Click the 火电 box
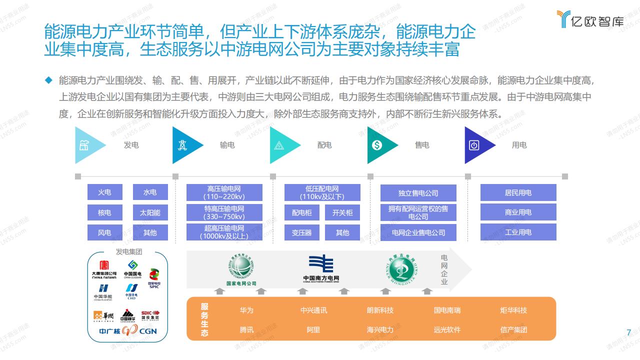[x=104, y=192]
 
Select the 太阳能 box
[x=150, y=212]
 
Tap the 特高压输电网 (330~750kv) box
[x=224, y=212]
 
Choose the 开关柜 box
[x=342, y=212]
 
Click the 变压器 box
[x=301, y=232]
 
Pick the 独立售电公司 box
[x=418, y=193]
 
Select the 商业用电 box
[x=518, y=212]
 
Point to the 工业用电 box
[x=518, y=232]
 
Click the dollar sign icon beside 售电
[x=377, y=145]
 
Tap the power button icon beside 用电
[x=474, y=145]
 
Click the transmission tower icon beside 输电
[x=181, y=145]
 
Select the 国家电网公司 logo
[x=241, y=269]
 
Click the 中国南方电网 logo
[x=321, y=268]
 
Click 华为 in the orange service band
[x=246, y=310]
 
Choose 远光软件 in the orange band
[x=447, y=329]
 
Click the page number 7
[x=629, y=332]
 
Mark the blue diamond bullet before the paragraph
[x=48, y=80]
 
